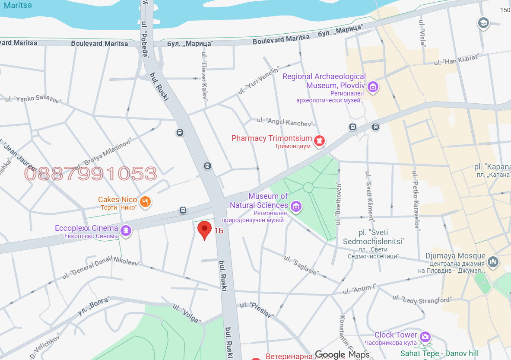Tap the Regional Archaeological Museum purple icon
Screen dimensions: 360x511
(373, 87)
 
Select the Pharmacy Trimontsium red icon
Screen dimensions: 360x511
(320, 140)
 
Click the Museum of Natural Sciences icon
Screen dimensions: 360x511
(296, 206)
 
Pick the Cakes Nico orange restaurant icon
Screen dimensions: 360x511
(146, 201)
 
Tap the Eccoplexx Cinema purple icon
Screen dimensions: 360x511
(126, 230)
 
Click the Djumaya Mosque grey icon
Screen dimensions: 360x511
(493, 261)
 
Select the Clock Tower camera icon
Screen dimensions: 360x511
(425, 337)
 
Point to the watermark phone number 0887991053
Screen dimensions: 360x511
(90, 174)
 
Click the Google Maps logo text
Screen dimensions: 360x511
(342, 354)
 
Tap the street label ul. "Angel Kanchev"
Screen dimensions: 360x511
(284, 122)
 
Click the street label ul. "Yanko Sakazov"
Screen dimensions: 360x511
(33, 100)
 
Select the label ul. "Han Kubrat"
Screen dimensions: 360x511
(456, 60)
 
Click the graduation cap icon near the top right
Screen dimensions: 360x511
(483, 23)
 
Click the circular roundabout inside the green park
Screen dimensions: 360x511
(308, 187)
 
